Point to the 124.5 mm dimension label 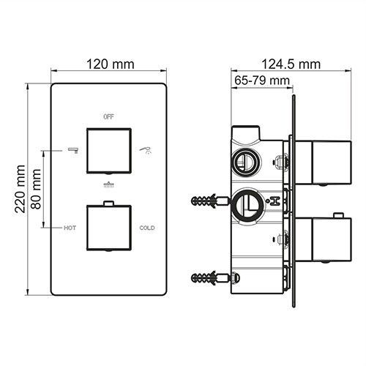(291, 64)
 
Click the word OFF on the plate (109, 116)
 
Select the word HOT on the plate (70, 228)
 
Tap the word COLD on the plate (147, 228)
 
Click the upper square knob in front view (109, 149)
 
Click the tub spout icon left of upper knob (72, 149)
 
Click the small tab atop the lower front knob (109, 202)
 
